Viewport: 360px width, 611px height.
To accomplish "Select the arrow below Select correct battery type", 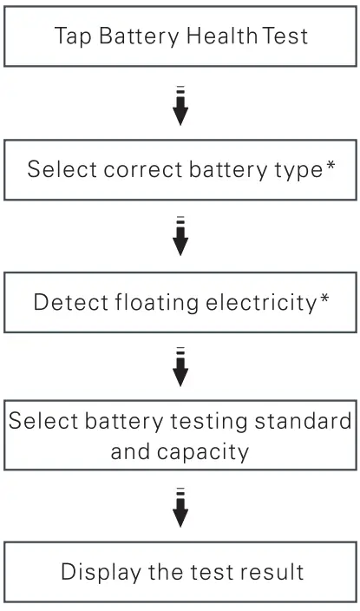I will (180, 236).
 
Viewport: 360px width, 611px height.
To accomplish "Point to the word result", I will (268, 574).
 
